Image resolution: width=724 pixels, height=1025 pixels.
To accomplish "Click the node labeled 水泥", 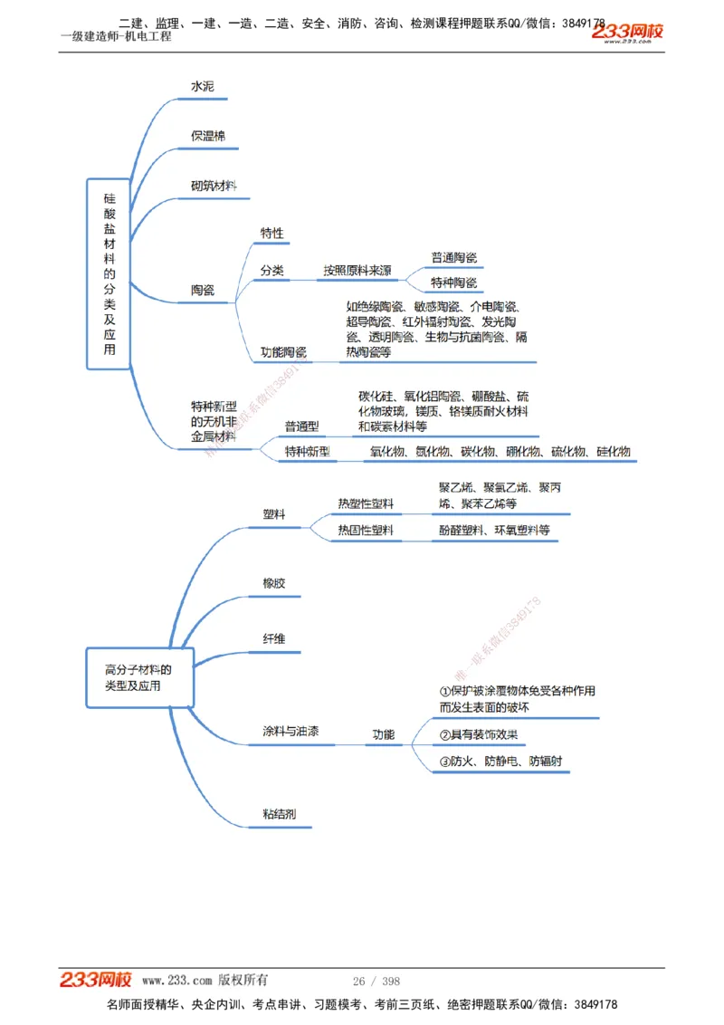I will point(203,86).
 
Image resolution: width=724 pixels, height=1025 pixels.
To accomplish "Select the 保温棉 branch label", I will point(208,136).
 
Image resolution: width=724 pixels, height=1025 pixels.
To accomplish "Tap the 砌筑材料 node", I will point(214,186).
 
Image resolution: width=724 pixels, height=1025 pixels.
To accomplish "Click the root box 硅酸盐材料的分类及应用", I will point(110,273).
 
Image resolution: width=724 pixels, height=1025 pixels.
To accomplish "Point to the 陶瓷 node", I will point(203,291).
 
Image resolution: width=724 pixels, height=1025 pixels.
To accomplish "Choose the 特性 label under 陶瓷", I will point(271,234).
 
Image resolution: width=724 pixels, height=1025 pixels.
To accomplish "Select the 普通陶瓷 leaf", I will point(453,257).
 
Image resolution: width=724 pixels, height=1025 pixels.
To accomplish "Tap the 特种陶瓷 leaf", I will point(453,283).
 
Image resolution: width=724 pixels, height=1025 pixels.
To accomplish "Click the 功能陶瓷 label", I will point(283,352).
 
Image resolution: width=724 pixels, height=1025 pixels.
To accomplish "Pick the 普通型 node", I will point(301,426).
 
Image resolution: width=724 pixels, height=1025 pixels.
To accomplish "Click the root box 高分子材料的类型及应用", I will point(138,677).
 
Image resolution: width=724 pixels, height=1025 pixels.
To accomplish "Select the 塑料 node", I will point(274,514).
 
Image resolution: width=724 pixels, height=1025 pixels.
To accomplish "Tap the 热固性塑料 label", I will point(366,531).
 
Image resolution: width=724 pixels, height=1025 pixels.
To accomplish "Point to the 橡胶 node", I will point(273,583).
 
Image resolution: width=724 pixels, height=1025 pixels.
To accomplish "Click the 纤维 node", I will point(273,639).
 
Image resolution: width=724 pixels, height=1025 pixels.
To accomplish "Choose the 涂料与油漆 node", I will point(290,732).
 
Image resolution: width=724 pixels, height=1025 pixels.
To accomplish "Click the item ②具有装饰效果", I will point(479,735).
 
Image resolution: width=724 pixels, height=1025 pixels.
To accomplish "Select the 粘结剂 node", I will point(279,814).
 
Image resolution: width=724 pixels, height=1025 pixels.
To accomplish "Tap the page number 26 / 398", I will point(376,982).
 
